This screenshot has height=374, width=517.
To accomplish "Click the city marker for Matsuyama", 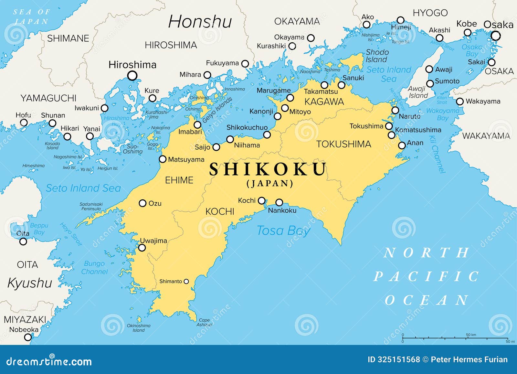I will click(x=163, y=159).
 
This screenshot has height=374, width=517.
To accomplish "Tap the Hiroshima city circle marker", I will click(x=132, y=76).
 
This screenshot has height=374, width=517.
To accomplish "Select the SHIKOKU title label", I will click(x=268, y=169).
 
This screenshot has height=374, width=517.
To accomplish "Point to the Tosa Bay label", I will click(x=283, y=231).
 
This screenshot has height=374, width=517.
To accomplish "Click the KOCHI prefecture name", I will click(x=220, y=211).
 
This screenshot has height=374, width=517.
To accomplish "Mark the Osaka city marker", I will click(x=496, y=36).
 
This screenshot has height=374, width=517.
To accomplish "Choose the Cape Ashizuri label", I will click(x=204, y=322).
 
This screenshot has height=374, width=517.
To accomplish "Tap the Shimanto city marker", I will click(x=186, y=282).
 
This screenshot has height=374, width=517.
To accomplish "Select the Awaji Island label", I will click(x=418, y=92).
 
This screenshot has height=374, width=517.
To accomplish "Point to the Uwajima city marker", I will click(x=142, y=248).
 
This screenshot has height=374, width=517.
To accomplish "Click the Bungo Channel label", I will click(x=94, y=268).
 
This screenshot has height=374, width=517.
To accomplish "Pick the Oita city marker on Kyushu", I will click(x=23, y=241).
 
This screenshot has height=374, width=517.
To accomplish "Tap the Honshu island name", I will click(x=200, y=22).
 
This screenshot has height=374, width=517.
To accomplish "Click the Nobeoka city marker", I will click(x=28, y=337).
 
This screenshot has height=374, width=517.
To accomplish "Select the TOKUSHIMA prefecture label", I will click(x=343, y=144).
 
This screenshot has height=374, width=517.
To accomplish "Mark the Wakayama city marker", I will click(x=460, y=102).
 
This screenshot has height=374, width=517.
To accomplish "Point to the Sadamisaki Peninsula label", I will click(x=91, y=207).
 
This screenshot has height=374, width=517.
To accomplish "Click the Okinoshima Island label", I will click(x=139, y=328).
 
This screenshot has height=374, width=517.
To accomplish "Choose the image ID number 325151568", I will click(x=394, y=359).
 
